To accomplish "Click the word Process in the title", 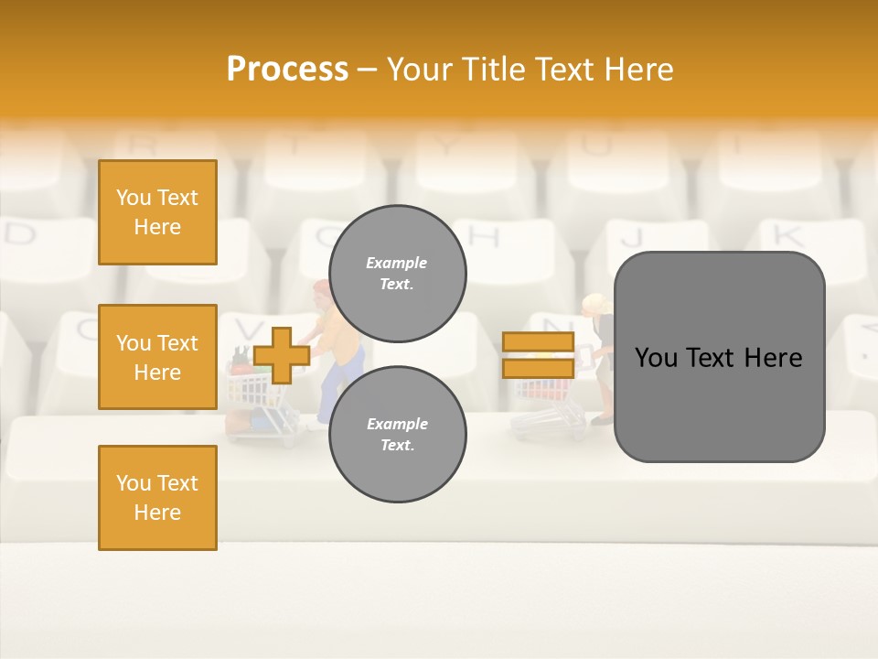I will [287, 70].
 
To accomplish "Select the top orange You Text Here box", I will [157, 212].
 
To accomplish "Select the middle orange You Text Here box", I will [157, 357].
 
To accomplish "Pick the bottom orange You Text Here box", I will [157, 497].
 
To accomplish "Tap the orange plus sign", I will [282, 355].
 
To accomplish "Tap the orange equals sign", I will [538, 355].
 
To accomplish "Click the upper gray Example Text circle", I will [397, 274].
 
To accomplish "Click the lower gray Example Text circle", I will [397, 434].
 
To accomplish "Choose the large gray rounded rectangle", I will [719, 357].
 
